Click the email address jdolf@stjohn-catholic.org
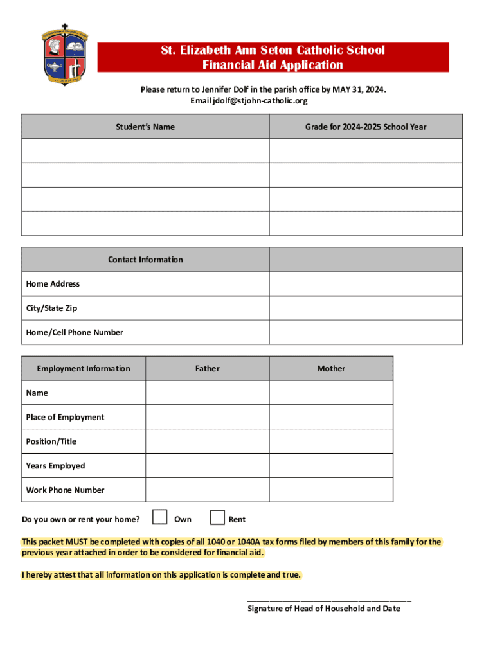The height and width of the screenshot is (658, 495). tap(249, 101)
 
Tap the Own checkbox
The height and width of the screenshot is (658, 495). tap(160, 517)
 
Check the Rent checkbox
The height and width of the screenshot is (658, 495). tap(218, 517)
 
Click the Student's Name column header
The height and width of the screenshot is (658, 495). tap(145, 127)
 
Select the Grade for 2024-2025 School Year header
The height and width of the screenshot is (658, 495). tap(365, 127)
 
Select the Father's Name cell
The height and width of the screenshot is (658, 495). tap(207, 393)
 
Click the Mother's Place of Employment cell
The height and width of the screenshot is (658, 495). tap(330, 417)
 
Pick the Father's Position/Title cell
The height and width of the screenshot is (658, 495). tap(207, 441)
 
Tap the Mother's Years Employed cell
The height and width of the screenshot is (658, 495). tap(330, 466)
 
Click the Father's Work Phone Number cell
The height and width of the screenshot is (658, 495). tap(207, 490)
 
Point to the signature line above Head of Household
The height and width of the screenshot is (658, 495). tap(329, 600)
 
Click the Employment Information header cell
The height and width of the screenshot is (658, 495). tap(84, 368)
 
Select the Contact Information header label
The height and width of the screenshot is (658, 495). tap(145, 260)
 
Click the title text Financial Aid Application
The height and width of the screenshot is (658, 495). tap(273, 65)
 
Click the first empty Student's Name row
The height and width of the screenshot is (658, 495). tap(145, 151)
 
